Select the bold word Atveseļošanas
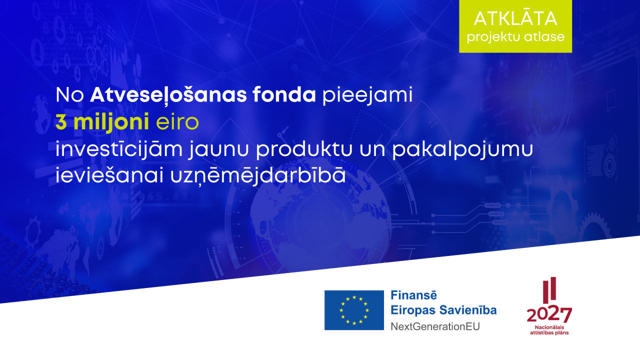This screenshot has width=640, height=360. point(168,94)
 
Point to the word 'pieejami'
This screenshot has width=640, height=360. point(367,95)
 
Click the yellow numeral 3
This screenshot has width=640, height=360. point(61,121)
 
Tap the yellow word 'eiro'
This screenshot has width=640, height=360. point(177,121)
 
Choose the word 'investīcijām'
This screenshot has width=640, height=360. point(119,149)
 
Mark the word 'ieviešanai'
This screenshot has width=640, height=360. point(109,175)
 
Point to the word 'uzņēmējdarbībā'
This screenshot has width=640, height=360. point(258,175)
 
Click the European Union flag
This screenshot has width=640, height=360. point(354,310)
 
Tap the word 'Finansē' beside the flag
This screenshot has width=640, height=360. point(413,295)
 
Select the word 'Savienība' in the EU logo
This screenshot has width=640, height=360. point(468,310)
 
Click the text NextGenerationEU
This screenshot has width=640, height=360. point(435,326)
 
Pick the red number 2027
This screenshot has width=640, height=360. point(549,314)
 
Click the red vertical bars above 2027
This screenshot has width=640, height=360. point(549,289)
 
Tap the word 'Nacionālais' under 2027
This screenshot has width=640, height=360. point(549,327)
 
